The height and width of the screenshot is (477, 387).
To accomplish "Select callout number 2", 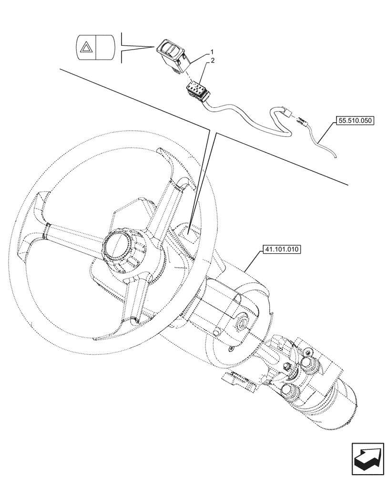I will coord(213,61).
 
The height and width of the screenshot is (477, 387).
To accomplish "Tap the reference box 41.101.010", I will coord(280,249).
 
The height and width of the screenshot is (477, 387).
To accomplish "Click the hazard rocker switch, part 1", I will coord(172,52).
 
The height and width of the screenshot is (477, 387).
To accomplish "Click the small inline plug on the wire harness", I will coord(288,113).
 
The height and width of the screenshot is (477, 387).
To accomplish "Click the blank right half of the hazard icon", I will coord(104,47).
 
